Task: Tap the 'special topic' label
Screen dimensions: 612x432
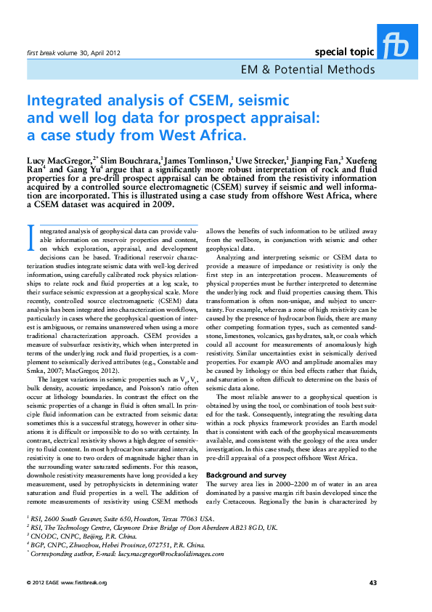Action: coord(344,52)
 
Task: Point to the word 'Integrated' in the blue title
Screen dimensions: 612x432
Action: coord(63,100)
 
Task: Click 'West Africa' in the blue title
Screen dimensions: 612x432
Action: coord(205,135)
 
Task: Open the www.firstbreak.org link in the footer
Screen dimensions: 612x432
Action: coord(83,582)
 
